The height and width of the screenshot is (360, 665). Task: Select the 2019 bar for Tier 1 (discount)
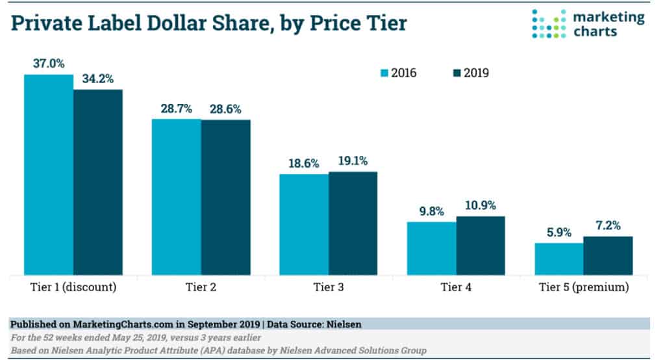click(x=98, y=182)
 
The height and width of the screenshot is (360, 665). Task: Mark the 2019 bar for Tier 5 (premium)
click(x=608, y=255)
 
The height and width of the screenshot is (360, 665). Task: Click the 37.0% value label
click(x=49, y=64)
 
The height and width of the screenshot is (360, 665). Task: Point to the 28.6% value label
click(x=225, y=109)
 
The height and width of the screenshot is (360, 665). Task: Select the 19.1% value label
click(x=353, y=162)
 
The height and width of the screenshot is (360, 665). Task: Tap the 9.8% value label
click(x=431, y=212)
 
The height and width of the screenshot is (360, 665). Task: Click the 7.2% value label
click(x=608, y=226)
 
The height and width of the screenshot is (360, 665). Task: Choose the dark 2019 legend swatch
click(x=455, y=73)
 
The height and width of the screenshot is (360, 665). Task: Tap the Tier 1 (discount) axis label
click(x=73, y=287)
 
